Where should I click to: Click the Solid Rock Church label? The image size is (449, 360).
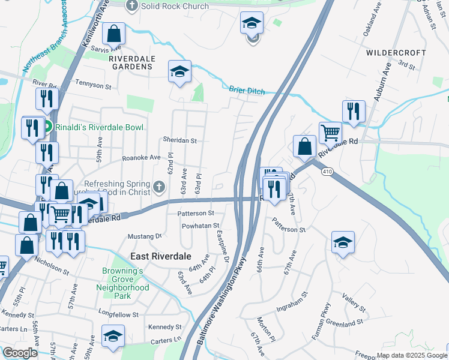click(173, 7)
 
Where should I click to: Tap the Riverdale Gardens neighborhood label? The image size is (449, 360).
click(132, 62)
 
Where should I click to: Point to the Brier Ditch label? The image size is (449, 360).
click(247, 91)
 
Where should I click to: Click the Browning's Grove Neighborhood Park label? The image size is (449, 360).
click(122, 283)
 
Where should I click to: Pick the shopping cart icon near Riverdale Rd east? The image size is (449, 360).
click(330, 132)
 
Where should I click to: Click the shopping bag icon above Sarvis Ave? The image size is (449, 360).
click(113, 34)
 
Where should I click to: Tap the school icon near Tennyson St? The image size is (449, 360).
click(179, 71)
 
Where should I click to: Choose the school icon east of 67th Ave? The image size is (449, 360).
click(343, 242)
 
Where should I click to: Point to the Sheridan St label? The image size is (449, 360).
click(180, 140)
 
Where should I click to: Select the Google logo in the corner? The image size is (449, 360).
click(20, 353)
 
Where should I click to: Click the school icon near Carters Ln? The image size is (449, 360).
click(112, 337)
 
